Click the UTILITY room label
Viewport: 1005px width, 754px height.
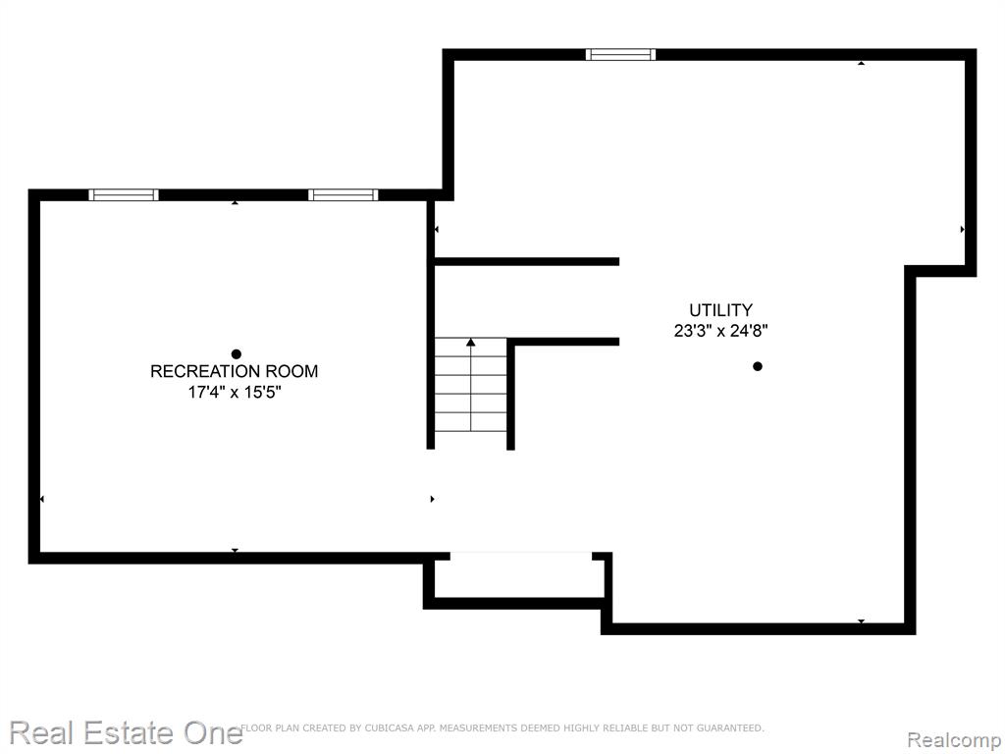pos(720,310)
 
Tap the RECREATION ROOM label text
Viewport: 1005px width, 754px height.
pos(234,371)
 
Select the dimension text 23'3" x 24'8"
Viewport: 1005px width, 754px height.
pos(721,331)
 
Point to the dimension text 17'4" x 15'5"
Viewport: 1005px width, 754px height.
pos(235,392)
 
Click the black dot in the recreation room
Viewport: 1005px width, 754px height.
pos(236,353)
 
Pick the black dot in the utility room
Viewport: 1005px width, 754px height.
pos(758,367)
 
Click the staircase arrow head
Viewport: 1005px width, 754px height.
pos(471,343)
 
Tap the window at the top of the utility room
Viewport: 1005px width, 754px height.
pos(620,55)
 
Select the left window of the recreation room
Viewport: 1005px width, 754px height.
pos(124,195)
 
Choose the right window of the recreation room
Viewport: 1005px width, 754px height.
pos(343,195)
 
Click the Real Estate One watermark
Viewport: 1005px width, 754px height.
pos(126,732)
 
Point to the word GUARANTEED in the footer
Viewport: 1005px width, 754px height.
pos(730,727)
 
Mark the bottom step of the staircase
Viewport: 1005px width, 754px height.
pos(471,441)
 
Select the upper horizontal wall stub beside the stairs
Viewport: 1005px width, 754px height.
pos(527,261)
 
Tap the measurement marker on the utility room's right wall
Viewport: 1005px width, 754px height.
pos(963,229)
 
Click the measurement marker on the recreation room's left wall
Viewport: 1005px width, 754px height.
pos(41,499)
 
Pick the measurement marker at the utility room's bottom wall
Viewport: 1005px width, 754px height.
pos(862,621)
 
